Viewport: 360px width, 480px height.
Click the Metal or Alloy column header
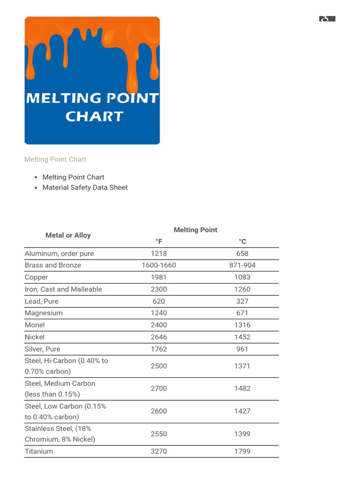pos(68,235)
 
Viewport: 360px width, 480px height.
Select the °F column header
pos(159,241)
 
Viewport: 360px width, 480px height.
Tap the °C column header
pos(242,241)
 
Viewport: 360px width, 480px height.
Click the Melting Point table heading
pos(195,230)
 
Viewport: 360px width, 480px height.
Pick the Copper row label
pos(37,277)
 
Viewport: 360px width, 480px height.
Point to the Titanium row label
pos(39,451)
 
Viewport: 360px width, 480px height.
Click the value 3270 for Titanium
pos(159,451)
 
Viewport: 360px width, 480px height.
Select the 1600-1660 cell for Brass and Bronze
pos(159,265)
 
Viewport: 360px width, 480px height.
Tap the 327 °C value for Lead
pos(242,301)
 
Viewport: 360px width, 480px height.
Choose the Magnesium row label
pos(44,313)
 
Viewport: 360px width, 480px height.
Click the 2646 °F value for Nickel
pos(159,337)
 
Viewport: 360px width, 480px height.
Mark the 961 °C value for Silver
pos(242,349)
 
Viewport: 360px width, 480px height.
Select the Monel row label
pos(35,325)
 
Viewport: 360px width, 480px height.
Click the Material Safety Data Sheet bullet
pos(85,187)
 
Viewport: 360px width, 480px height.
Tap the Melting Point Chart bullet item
pos(73,177)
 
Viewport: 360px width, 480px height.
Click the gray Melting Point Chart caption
pos(55,159)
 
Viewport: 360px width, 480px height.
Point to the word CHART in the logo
pos(94,116)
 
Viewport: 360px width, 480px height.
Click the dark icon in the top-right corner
pos(327,19)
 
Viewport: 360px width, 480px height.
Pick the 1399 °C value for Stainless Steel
pos(242,434)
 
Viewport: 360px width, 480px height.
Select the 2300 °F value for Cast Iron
pos(159,289)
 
